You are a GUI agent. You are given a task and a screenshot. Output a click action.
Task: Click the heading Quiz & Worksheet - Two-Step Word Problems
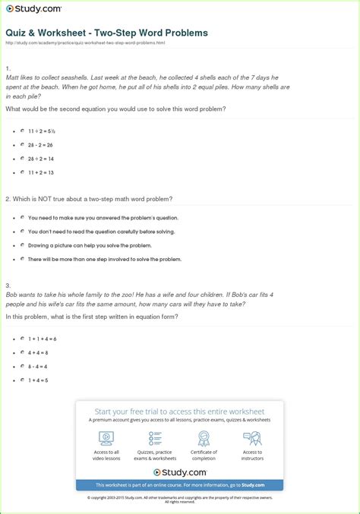(106, 33)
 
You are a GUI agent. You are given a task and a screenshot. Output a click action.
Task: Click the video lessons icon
(106, 438)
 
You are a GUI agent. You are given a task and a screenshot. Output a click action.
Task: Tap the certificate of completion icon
(204, 438)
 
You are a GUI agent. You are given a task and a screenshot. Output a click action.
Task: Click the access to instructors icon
(252, 438)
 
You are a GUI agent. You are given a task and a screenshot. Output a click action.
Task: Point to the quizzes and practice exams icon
(155, 438)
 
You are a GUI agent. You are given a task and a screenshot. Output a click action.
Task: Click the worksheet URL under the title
(85, 43)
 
